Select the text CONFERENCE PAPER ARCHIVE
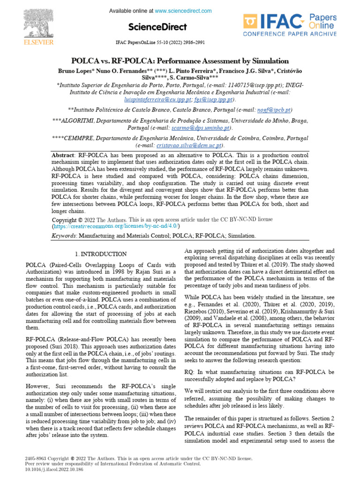pyautogui.click(x=290, y=34)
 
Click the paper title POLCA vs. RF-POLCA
pyautogui.click(x=180, y=61)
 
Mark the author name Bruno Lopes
pyautogui.click(x=75, y=70)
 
